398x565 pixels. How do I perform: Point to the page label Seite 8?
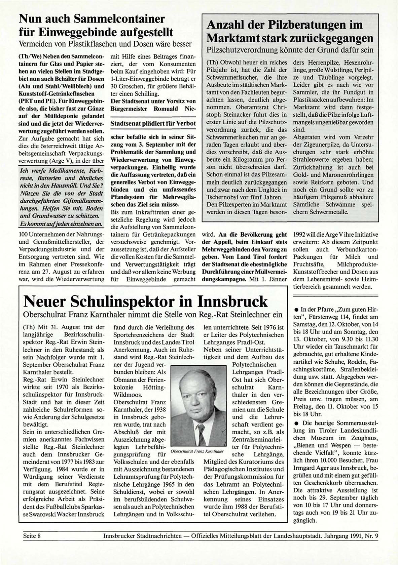coord(32,536)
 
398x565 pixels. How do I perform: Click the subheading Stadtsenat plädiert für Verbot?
coord(153,123)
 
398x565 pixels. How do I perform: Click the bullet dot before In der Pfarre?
coord(296,310)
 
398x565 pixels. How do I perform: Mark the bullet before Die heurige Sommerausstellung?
coord(296,423)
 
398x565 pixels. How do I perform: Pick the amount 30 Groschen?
coord(126,86)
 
